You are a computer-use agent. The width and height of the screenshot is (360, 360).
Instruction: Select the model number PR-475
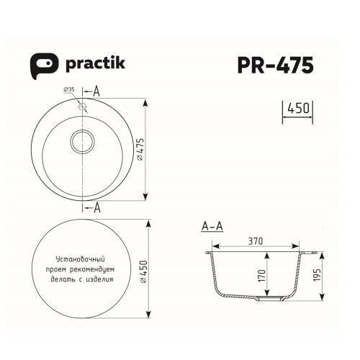(x=276, y=66)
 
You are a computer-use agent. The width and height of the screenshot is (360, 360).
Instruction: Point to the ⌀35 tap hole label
(x=70, y=89)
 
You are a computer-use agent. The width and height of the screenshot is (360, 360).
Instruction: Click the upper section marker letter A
(x=96, y=92)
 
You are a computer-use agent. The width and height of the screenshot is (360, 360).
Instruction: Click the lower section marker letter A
(x=96, y=208)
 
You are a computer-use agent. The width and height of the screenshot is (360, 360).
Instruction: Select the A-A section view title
(x=212, y=228)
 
